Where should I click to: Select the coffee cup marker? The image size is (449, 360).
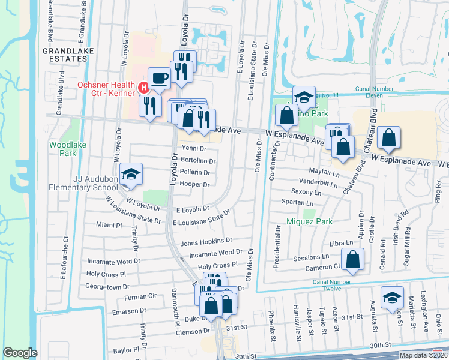pos(160,78)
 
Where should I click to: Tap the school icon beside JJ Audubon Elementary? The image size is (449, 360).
pos(130,174)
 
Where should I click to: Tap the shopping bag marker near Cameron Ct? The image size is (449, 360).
pos(354,260)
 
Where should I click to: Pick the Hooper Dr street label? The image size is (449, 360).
pos(194,185)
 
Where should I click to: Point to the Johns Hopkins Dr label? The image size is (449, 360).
pos(202,244)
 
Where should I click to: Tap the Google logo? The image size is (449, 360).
pos(20,353)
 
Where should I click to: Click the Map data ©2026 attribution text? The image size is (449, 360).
pos(423,355)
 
